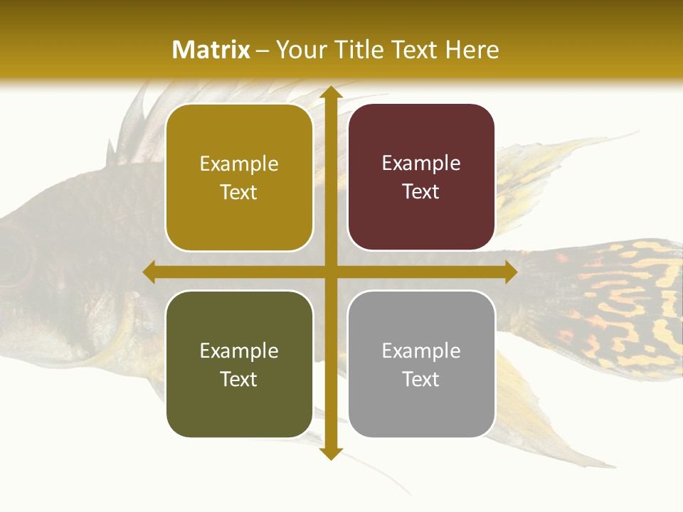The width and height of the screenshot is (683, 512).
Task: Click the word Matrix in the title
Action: click(x=211, y=50)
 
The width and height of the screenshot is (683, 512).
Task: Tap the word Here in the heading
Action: click(x=472, y=50)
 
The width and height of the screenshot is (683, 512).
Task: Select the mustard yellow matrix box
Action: click(x=239, y=178)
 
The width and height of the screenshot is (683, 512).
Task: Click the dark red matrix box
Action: click(x=421, y=177)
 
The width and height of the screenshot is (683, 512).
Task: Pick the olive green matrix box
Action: click(x=239, y=364)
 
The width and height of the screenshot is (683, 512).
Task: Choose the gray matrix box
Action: click(x=421, y=364)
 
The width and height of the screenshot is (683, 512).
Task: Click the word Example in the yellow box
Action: click(x=239, y=164)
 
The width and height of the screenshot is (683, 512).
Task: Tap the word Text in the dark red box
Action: click(x=421, y=191)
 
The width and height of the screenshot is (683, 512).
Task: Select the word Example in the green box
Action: click(x=239, y=351)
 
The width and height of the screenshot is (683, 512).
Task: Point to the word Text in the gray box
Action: click(x=421, y=379)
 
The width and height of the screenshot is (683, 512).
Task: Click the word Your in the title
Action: click(x=300, y=50)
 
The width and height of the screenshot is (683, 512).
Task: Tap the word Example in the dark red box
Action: click(x=421, y=164)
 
